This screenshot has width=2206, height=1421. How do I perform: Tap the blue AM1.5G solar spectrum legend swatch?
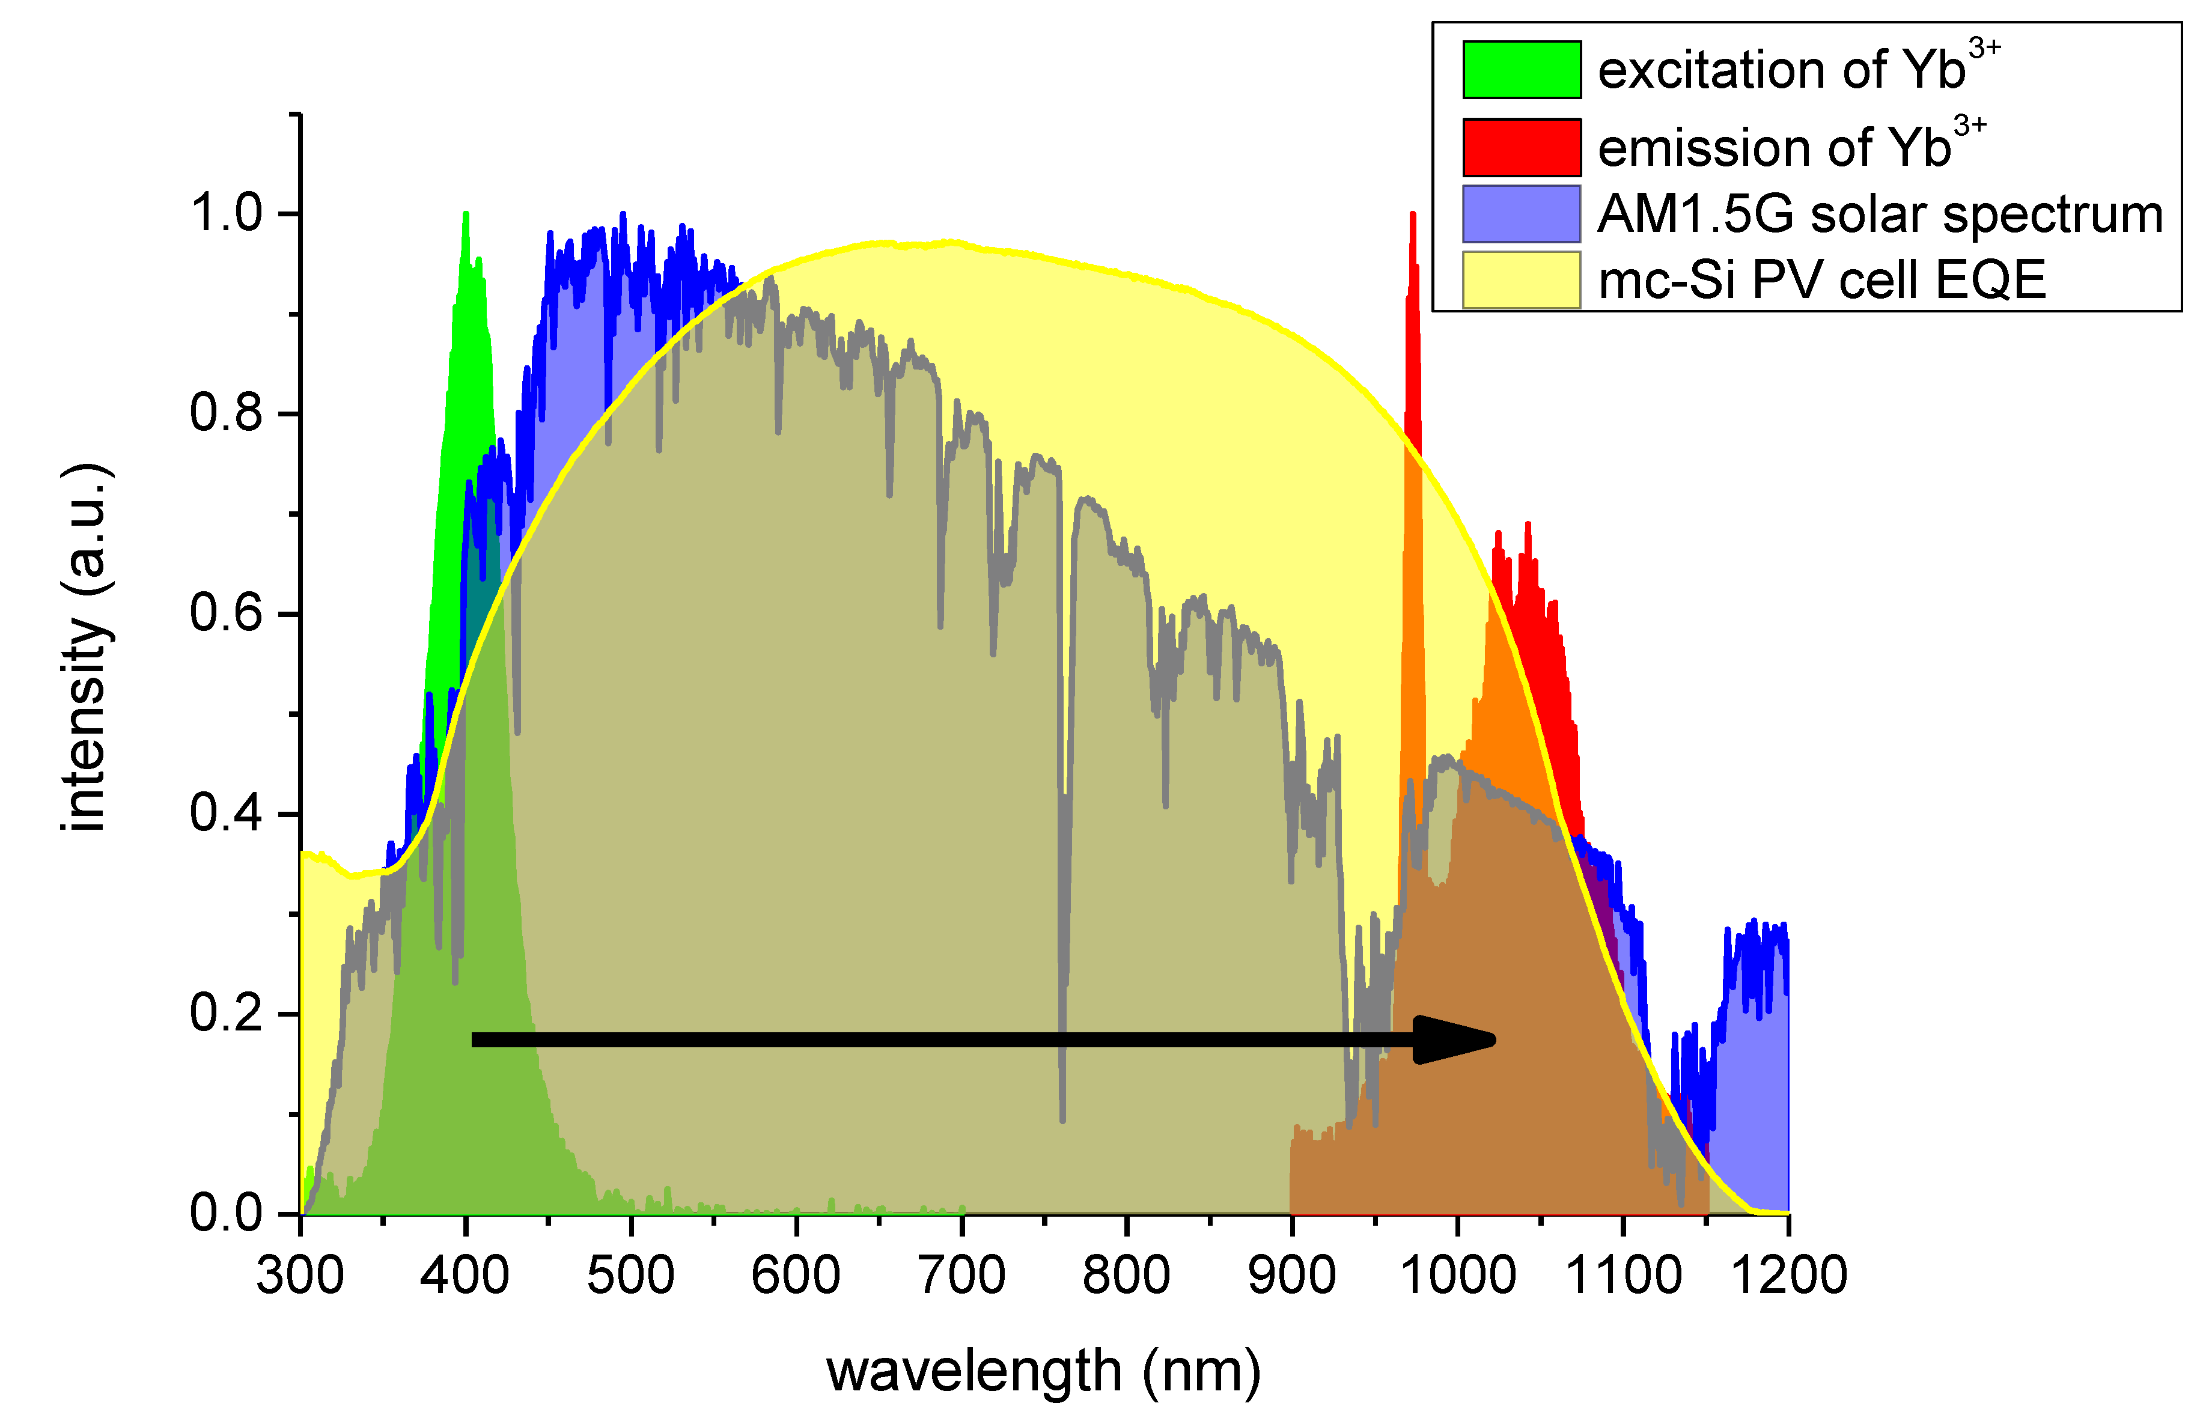tap(1522, 214)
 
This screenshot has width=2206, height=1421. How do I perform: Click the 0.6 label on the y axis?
tap(227, 613)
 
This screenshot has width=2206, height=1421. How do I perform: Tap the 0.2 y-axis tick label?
tap(227, 1013)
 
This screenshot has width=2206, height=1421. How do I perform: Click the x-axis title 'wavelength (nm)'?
tap(1043, 1371)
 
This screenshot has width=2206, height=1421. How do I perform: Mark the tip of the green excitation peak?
tap(466, 215)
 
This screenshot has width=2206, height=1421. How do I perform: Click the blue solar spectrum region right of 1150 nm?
tap(1753, 1107)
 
